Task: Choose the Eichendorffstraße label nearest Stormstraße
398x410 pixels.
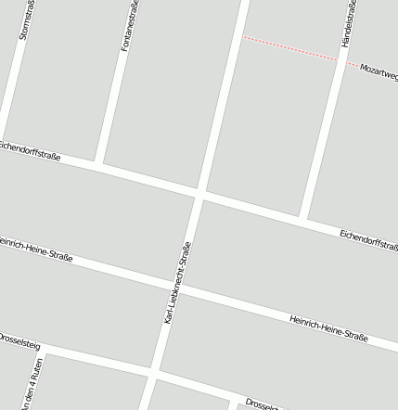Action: coord(30,150)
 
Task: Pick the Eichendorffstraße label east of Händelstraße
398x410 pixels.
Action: coord(368,239)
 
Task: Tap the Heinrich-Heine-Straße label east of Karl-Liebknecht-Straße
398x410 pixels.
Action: coord(328,327)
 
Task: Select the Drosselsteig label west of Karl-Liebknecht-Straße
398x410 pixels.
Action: coord(19,340)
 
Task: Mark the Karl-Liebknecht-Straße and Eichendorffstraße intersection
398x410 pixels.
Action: coord(199,194)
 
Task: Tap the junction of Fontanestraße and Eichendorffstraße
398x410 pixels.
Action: coord(98,163)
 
